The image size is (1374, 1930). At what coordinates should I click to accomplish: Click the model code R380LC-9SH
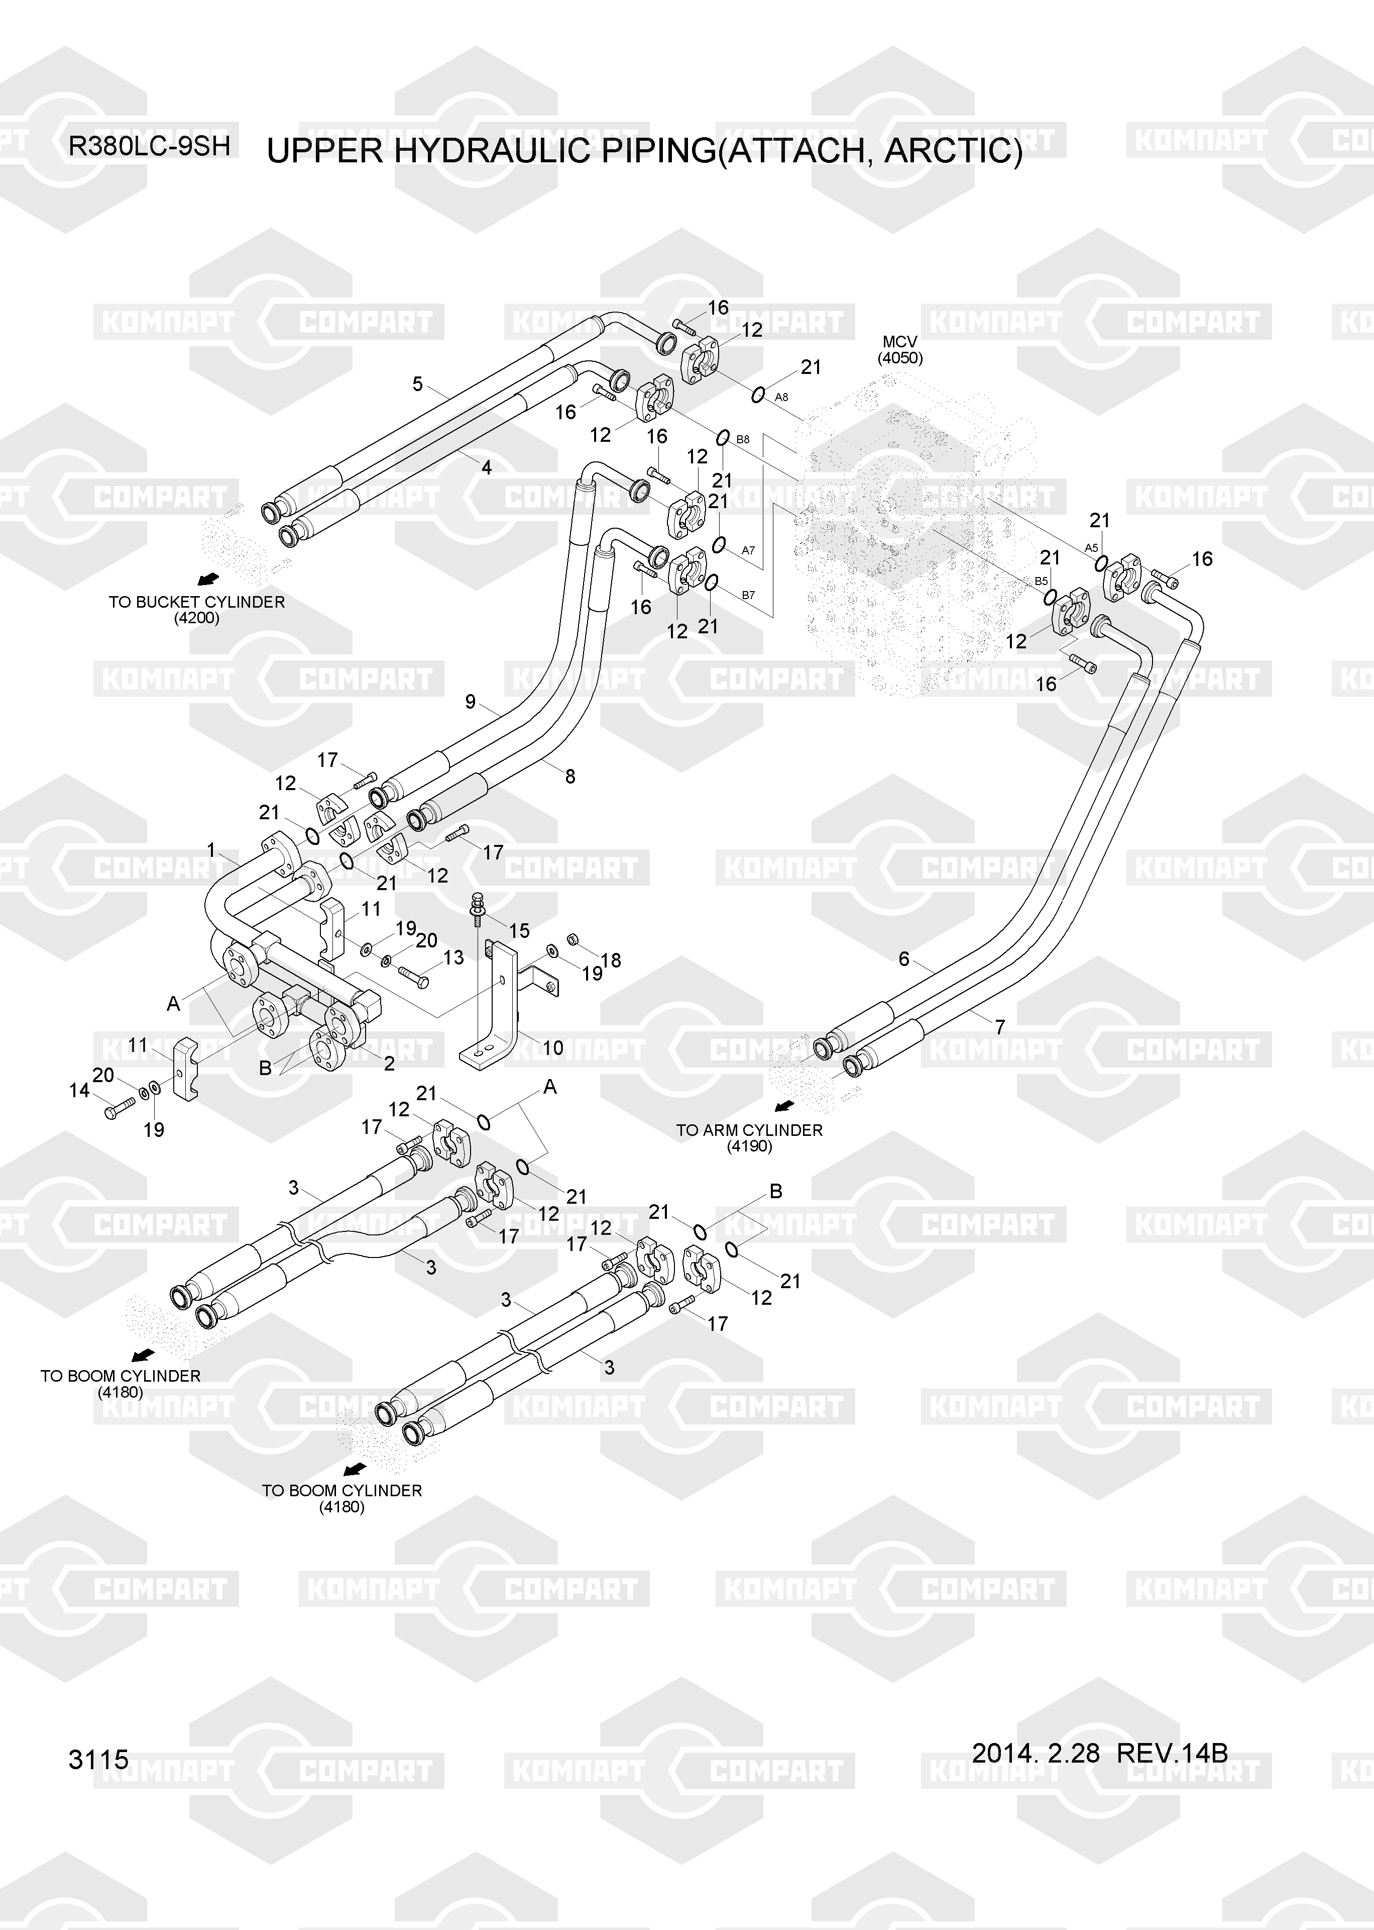point(149,146)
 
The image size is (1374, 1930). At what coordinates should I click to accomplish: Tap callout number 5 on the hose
point(417,384)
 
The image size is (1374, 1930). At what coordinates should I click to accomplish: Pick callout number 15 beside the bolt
point(519,930)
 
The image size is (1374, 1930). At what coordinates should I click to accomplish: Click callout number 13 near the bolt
point(453,957)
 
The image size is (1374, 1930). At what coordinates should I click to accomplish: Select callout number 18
point(610,960)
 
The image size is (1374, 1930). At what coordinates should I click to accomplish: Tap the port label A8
point(782,397)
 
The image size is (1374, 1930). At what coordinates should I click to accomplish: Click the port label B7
point(748,595)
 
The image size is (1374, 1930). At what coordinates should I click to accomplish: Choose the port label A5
point(1091,548)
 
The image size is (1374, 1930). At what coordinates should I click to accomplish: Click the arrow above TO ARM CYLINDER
point(784,1106)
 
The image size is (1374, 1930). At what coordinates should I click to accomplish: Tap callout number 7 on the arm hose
point(999,1027)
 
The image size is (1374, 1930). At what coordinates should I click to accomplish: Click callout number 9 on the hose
point(471,702)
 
